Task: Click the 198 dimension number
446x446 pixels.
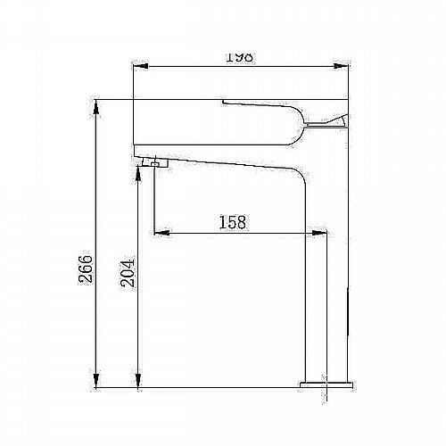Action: click(x=240, y=57)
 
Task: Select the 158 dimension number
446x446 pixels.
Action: click(x=233, y=222)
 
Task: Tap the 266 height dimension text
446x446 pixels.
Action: click(x=86, y=268)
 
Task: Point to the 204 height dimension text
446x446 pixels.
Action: click(x=128, y=273)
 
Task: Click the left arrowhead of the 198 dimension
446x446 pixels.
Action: click(x=141, y=66)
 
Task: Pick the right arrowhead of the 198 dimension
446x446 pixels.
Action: click(x=341, y=66)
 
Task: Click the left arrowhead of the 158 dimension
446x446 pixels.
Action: click(x=162, y=233)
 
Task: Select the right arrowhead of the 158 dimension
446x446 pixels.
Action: click(x=319, y=233)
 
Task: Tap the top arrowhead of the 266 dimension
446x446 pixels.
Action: click(x=96, y=107)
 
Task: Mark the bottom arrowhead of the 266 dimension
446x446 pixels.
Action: click(x=96, y=380)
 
